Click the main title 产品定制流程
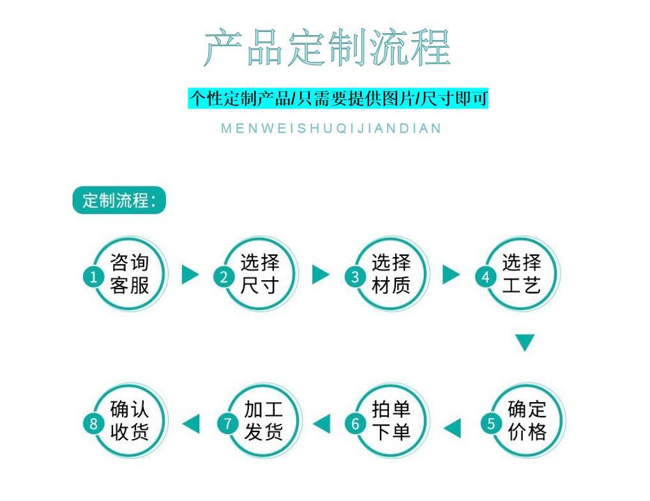tap(327, 48)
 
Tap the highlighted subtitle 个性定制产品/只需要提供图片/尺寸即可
tap(338, 98)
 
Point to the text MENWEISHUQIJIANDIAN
tap(331, 128)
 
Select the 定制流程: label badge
tap(119, 200)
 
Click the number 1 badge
tap(94, 276)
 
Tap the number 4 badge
tap(485, 276)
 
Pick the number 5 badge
tap(490, 423)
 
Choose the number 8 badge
tap(94, 423)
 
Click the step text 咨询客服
tap(129, 274)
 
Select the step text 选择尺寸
tap(260, 274)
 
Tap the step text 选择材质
tap(391, 274)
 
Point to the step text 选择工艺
tap(521, 274)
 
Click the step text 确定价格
tap(527, 421)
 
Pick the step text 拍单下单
tap(391, 421)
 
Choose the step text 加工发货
tap(262, 421)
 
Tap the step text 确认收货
tap(129, 421)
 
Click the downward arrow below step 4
tap(524, 343)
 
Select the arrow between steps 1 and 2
tap(190, 274)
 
